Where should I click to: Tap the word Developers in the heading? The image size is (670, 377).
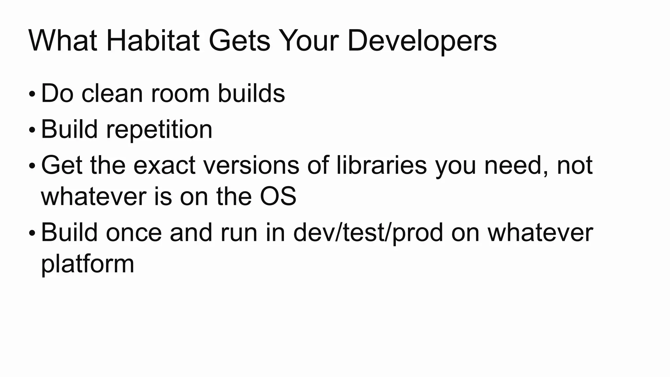422,41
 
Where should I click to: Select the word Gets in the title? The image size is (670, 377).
239,41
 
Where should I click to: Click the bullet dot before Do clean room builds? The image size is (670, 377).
32,95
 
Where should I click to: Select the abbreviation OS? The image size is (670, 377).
278,197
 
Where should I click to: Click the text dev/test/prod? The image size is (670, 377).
368,233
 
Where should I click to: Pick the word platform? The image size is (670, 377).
88,264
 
